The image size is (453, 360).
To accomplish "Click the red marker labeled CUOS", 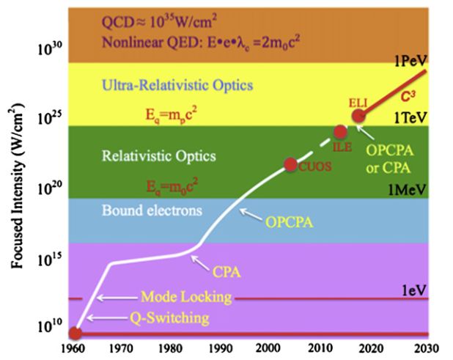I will click(x=290, y=164).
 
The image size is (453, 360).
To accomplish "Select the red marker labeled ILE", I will click(x=340, y=132).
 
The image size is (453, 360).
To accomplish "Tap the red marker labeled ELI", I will click(x=358, y=116).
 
